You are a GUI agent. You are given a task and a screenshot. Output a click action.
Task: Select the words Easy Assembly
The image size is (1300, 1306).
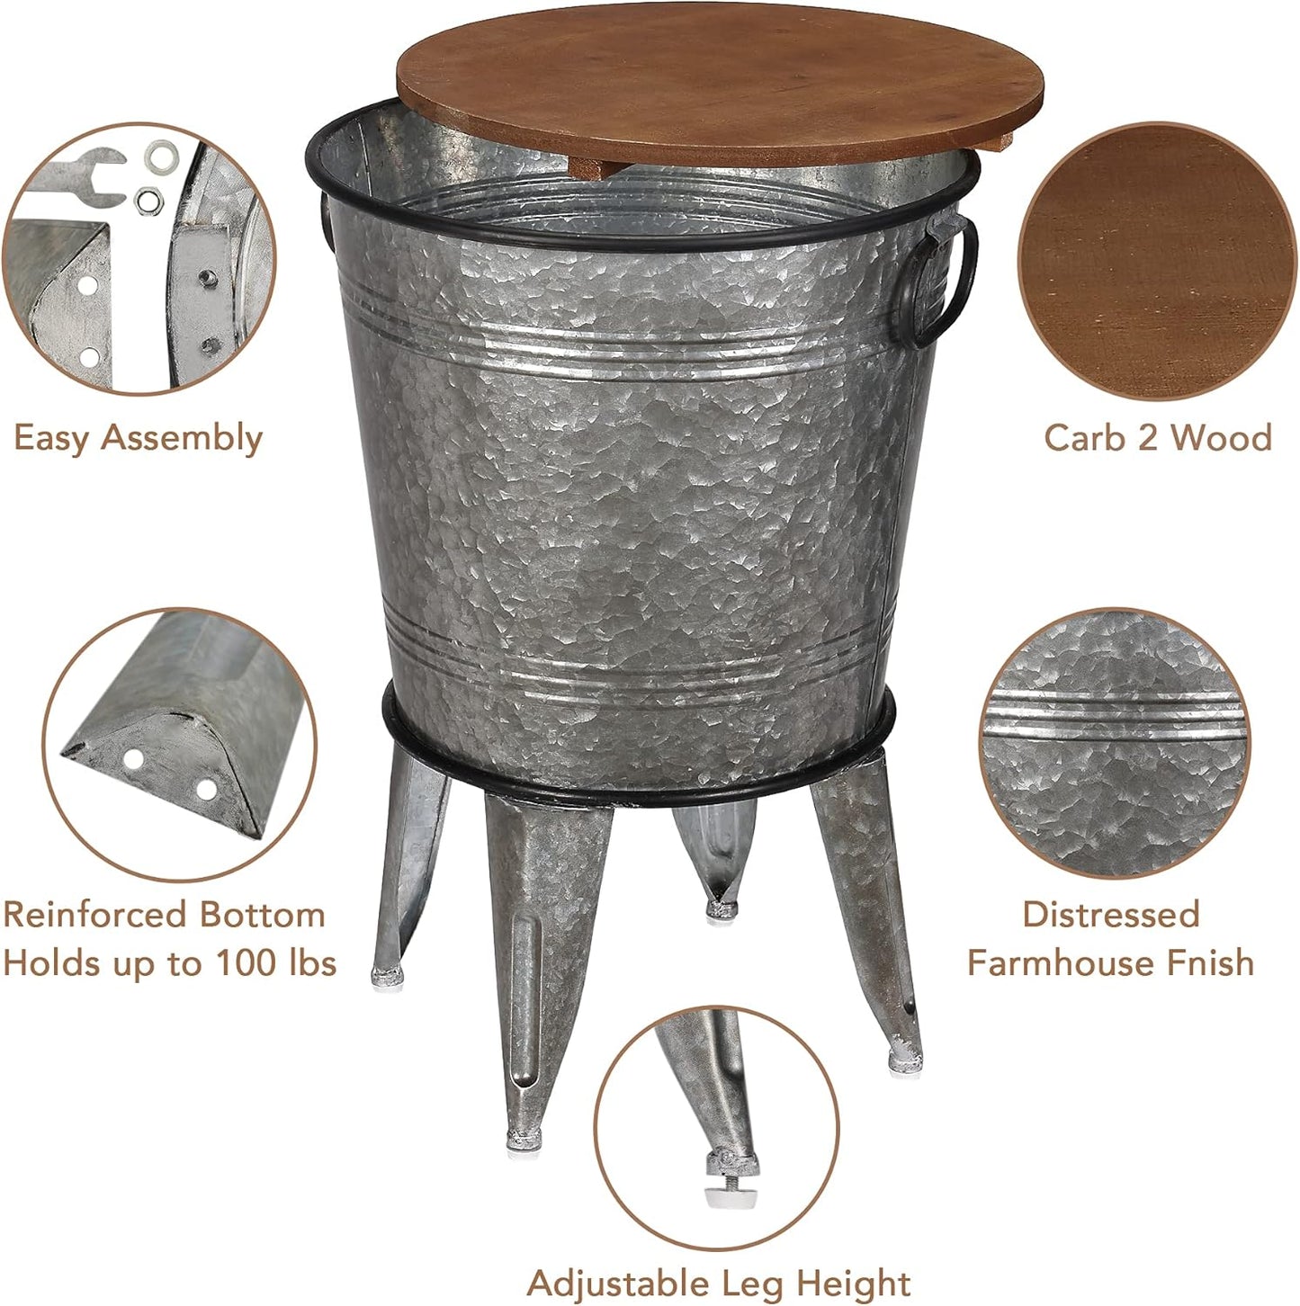click(138, 438)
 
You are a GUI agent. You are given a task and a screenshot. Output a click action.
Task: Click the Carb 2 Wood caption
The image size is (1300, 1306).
click(1158, 438)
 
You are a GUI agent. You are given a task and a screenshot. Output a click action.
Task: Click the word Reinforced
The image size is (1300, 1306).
click(94, 915)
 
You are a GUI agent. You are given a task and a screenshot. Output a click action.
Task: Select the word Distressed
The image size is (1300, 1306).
click(1111, 915)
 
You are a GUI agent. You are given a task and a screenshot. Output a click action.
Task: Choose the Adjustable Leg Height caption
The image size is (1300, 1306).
click(718, 1283)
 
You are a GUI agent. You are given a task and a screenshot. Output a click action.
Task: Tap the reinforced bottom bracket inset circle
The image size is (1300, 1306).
click(179, 745)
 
